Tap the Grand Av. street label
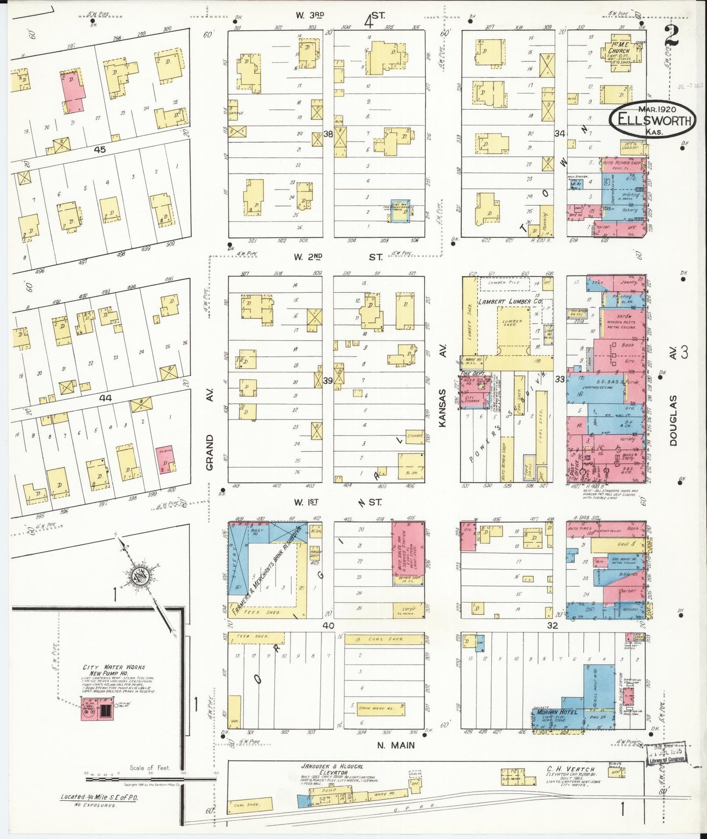click(210, 452)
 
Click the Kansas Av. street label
click(443, 408)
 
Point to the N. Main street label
click(395, 746)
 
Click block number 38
click(327, 133)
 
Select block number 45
click(99, 150)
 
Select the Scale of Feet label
click(150, 768)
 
